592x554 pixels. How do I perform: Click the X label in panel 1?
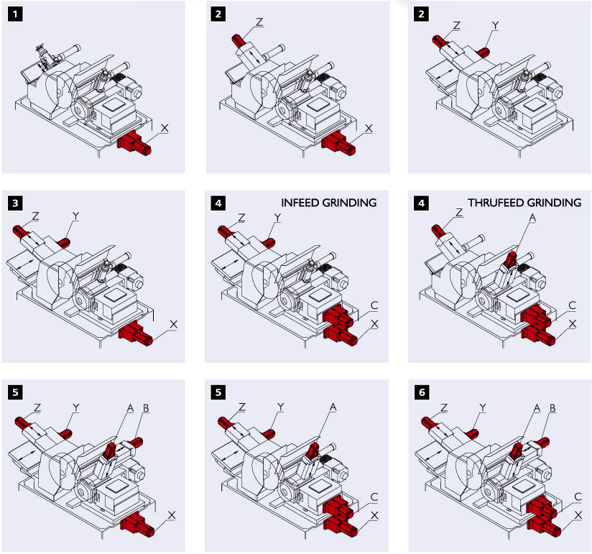pos(165,126)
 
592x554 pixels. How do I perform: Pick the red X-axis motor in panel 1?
pos(134,143)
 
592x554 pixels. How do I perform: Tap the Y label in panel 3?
pos(75,215)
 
